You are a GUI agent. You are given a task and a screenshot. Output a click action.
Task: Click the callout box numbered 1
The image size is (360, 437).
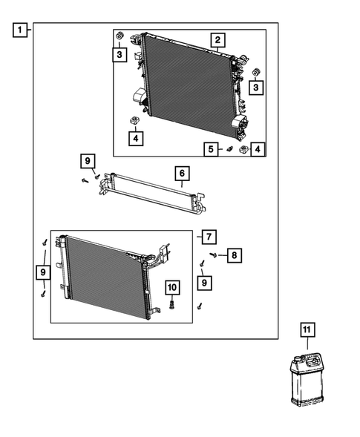pos(20,30)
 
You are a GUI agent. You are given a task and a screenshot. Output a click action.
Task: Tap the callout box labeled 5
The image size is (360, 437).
pos(212,149)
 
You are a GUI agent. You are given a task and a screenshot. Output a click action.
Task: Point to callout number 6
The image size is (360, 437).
pos(181,174)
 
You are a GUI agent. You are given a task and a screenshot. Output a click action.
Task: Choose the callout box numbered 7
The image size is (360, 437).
pos(209,237)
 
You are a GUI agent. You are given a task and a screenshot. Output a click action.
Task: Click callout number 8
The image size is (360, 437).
pos(233,256)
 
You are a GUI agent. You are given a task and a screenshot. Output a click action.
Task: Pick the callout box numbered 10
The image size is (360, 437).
pos(171,287)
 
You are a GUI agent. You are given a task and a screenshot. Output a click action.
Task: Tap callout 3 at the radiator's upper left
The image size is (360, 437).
pos(119,53)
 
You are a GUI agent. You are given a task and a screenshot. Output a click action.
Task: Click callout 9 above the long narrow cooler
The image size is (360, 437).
pos(88,161)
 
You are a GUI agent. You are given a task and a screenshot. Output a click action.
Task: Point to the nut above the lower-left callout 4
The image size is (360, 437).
pos(134,120)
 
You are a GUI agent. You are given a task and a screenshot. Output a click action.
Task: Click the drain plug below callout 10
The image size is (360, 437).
pos(172,304)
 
